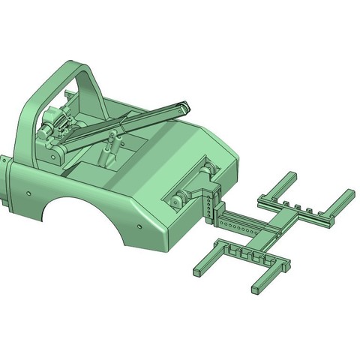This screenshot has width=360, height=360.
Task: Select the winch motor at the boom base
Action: pyautogui.click(x=54, y=123)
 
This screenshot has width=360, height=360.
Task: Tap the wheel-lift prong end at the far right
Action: pyautogui.click(x=347, y=194)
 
